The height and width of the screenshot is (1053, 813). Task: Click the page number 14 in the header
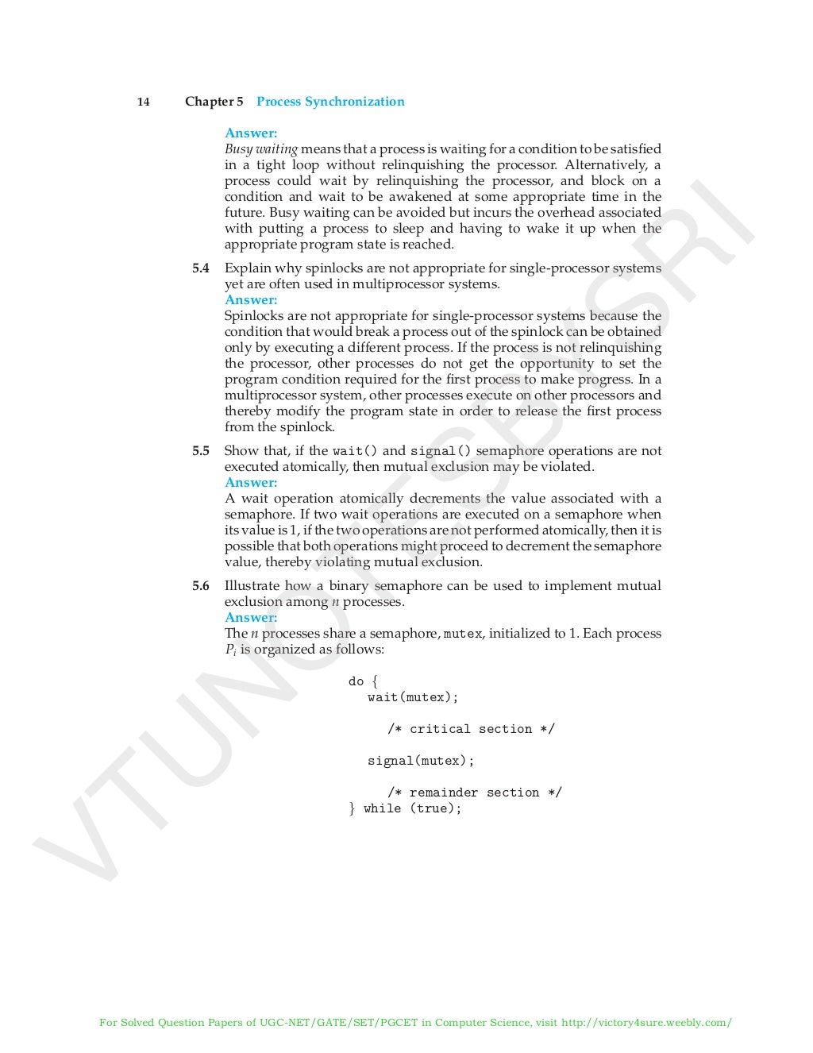pos(144,102)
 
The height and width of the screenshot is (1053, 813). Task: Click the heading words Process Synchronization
pos(330,102)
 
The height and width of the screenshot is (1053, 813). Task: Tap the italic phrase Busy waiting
pos(261,149)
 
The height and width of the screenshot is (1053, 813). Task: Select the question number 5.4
pos(201,268)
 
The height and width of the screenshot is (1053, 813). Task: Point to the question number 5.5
pos(201,451)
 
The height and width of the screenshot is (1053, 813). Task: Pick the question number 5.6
pos(201,586)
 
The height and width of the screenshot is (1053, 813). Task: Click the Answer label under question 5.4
pos(251,300)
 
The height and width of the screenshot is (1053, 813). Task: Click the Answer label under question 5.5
pos(251,483)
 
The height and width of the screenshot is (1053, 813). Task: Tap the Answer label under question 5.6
pos(251,618)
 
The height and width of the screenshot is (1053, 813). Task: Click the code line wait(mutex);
pos(413,697)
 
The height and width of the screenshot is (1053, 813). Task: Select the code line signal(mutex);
pos(421,761)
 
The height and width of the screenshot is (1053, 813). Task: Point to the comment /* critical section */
pos(471,729)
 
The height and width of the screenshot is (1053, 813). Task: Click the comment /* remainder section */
pos(474,793)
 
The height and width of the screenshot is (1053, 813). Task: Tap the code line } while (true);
pos(405,808)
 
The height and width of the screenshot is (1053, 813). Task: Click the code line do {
pos(364,681)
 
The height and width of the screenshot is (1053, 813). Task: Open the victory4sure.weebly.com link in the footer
pos(646,1023)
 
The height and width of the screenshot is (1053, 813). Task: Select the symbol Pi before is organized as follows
pos(230,650)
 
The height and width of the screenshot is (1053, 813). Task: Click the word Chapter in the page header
pos(208,102)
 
